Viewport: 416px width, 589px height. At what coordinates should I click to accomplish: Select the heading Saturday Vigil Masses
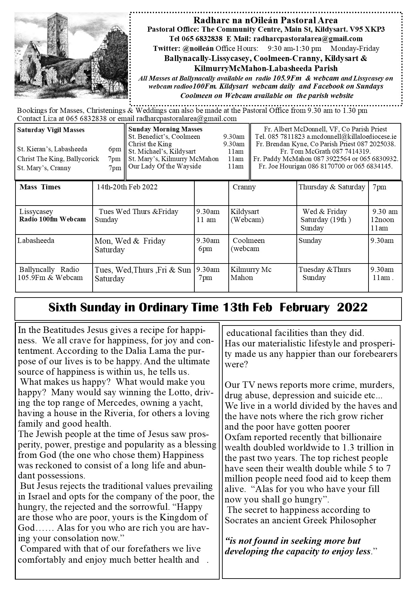click(x=51, y=130)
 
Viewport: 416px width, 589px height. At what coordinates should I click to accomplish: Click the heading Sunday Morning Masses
click(x=165, y=129)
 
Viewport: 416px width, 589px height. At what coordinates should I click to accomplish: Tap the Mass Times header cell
click(x=40, y=187)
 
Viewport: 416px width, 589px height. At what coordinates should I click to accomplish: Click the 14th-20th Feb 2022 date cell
click(x=127, y=187)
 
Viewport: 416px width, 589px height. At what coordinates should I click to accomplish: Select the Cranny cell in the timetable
click(x=244, y=187)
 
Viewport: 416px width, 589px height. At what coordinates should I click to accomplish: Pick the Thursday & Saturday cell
click(x=332, y=187)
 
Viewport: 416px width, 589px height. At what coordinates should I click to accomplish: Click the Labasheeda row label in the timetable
click(x=36, y=241)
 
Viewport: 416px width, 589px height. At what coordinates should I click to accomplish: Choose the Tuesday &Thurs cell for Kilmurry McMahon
click(x=325, y=270)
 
